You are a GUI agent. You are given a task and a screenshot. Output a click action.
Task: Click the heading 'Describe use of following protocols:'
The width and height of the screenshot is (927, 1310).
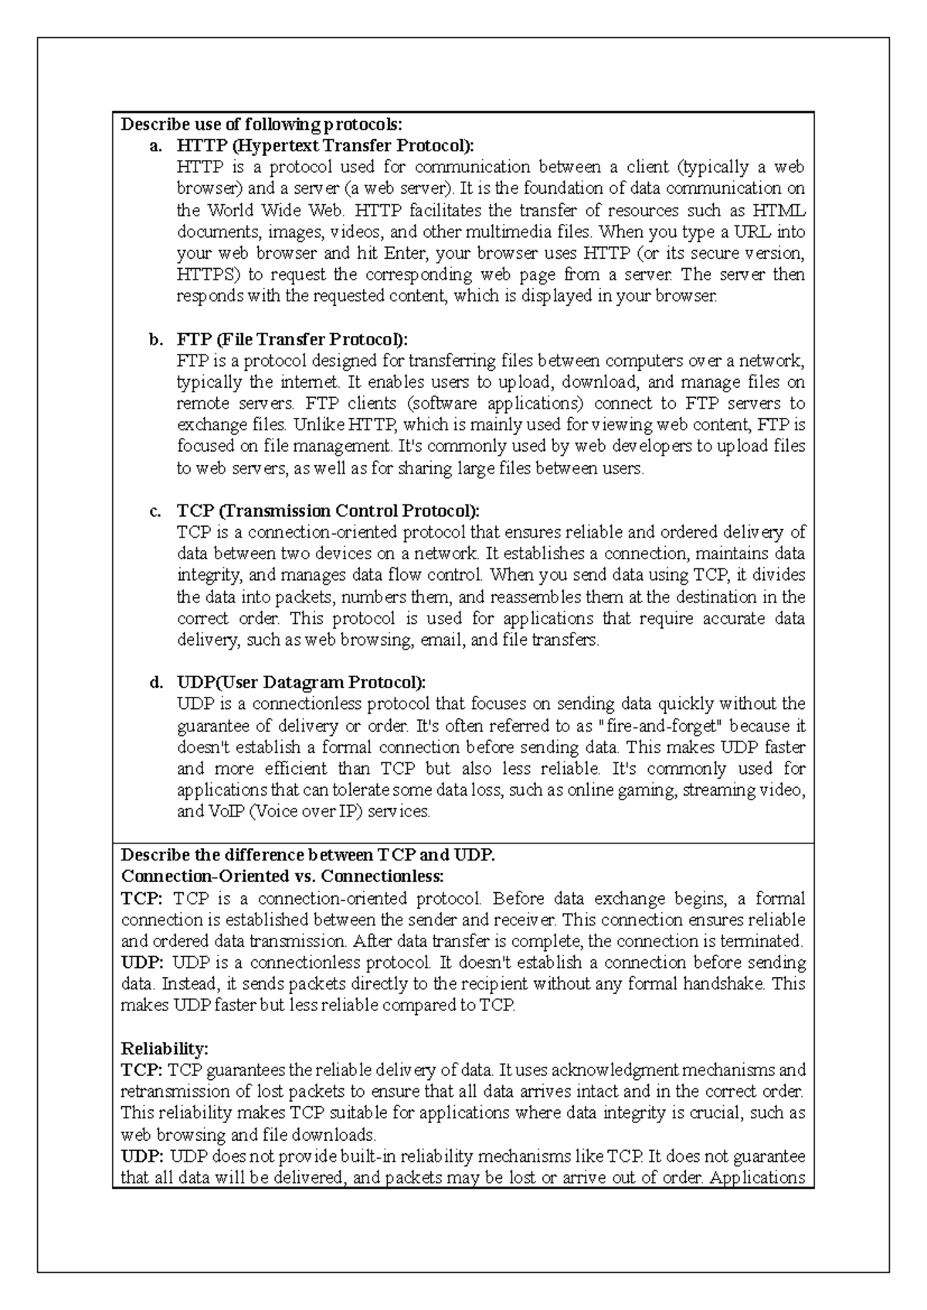pyautogui.click(x=262, y=124)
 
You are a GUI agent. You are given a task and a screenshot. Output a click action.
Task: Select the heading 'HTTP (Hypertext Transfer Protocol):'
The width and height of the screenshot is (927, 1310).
pyautogui.click(x=325, y=145)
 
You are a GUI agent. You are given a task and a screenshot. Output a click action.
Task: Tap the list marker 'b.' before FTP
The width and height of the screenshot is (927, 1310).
pyautogui.click(x=156, y=339)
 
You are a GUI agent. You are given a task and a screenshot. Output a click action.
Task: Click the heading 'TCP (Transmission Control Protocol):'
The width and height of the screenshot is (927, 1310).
pyautogui.click(x=328, y=511)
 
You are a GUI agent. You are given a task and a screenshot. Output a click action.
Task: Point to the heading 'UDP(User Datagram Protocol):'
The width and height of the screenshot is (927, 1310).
pyautogui.click(x=301, y=683)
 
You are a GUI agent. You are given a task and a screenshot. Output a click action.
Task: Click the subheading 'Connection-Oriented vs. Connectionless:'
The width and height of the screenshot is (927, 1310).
pyautogui.click(x=283, y=877)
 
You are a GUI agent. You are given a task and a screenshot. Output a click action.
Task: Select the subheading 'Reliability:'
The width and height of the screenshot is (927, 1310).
pyautogui.click(x=165, y=1048)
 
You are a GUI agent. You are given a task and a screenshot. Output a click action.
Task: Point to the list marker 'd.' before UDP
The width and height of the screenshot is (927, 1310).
pyautogui.click(x=156, y=683)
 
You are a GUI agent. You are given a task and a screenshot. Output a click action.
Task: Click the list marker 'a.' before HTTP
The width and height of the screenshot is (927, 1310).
pyautogui.click(x=156, y=145)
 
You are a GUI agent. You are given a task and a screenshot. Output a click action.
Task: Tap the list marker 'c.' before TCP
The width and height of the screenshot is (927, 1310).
pyautogui.click(x=156, y=511)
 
